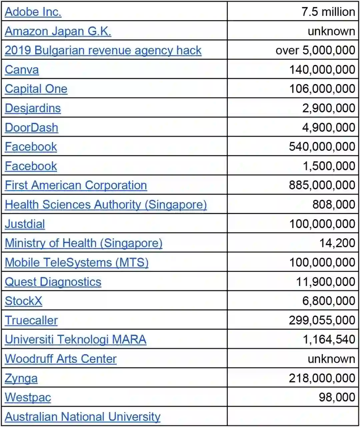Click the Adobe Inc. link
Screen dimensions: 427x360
(x=33, y=12)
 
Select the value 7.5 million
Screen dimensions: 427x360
(x=328, y=12)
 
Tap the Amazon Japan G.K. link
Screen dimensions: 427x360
(x=58, y=31)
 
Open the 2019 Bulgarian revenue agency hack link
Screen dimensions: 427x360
(x=103, y=51)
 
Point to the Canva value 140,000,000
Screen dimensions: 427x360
(x=322, y=70)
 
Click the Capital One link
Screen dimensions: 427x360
(x=36, y=89)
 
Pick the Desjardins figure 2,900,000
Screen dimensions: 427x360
(x=328, y=108)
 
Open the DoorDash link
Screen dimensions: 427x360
(x=31, y=128)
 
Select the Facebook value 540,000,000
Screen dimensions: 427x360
(x=322, y=147)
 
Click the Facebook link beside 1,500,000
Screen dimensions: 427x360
(x=31, y=166)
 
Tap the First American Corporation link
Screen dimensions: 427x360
(x=76, y=185)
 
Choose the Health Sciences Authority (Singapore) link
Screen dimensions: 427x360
(x=106, y=205)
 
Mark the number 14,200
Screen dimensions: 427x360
(x=337, y=243)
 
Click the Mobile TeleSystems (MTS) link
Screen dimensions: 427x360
(x=77, y=263)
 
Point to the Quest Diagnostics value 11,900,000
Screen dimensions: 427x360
(x=325, y=282)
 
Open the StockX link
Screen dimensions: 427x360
(x=23, y=301)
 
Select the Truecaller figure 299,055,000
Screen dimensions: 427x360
(x=322, y=320)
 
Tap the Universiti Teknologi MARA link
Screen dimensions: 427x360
(x=75, y=340)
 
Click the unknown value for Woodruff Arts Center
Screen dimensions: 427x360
(x=331, y=359)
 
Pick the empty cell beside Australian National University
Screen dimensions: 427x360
(x=293, y=416)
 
